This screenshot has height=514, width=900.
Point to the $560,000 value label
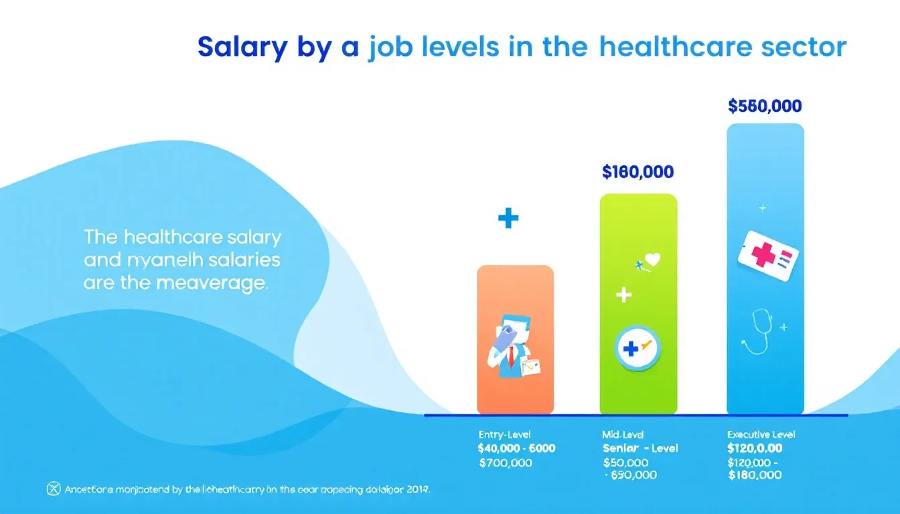[x=764, y=106]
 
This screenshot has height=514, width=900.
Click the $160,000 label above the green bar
[x=637, y=172]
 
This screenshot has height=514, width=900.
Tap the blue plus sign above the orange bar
[x=508, y=218]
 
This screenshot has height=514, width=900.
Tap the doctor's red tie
[x=510, y=358]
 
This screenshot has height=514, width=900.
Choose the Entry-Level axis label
[x=505, y=435]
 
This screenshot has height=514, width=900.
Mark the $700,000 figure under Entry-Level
[x=506, y=462]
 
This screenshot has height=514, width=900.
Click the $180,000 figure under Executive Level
[x=755, y=475]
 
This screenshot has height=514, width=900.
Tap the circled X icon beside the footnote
[x=53, y=489]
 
